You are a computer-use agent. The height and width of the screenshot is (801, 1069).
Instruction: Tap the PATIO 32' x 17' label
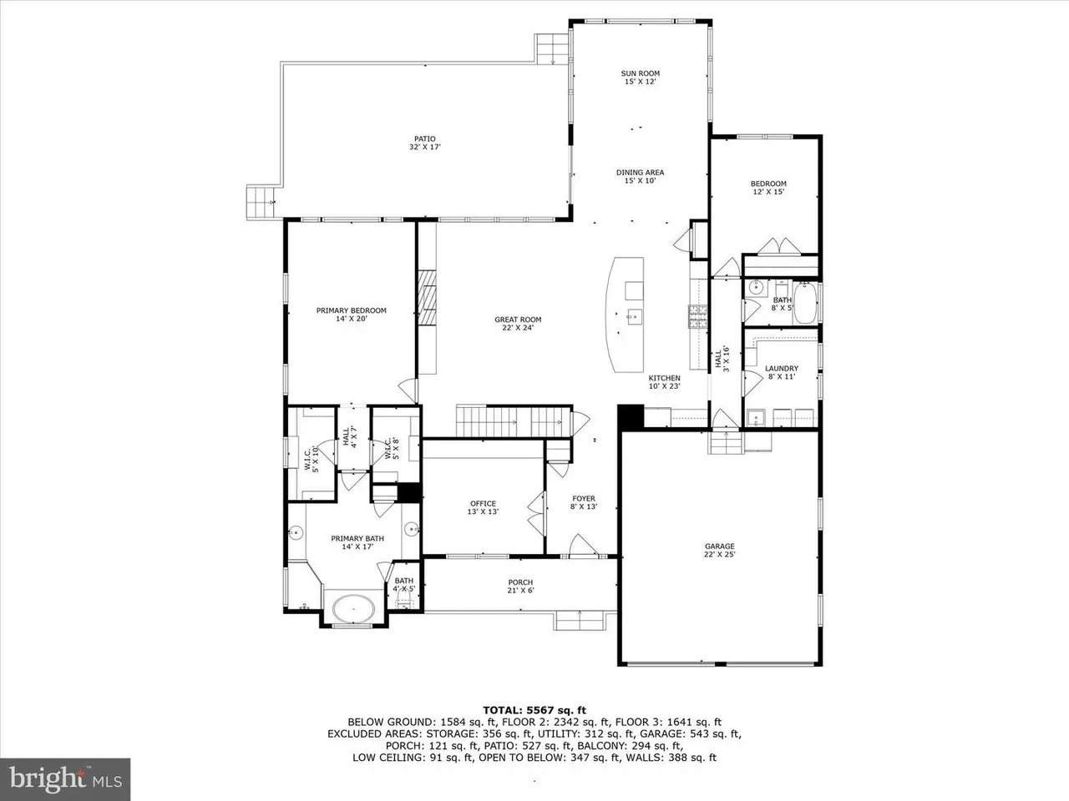tap(425, 143)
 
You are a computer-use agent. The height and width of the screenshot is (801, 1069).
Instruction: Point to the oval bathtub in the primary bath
tap(353, 608)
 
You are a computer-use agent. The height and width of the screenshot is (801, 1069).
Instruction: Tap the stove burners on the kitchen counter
tap(697, 316)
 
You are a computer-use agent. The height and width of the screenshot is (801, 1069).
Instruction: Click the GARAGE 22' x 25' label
tap(719, 550)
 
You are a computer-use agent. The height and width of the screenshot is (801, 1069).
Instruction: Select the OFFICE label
tap(483, 503)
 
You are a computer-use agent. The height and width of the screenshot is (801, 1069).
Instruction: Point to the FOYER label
tap(584, 498)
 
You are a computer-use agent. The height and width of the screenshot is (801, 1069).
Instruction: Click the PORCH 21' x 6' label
tap(520, 586)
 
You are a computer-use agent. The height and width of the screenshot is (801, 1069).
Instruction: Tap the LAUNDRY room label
tap(782, 369)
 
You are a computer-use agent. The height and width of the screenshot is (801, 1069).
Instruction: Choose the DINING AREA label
tap(640, 172)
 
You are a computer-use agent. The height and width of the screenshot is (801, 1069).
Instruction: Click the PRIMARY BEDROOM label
tap(351, 310)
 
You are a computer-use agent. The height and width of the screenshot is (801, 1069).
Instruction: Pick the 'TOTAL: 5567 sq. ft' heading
tap(534, 711)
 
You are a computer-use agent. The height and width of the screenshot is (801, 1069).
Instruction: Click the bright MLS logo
tap(65, 779)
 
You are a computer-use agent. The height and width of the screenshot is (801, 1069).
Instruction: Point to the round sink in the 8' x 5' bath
tap(755, 288)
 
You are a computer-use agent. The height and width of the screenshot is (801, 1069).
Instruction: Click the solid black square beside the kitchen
tap(631, 417)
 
